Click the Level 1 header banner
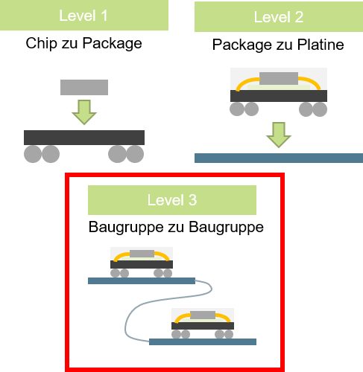pos(84,15)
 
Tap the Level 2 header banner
pos(279,16)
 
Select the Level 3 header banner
pos(172,200)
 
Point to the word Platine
pos(321,45)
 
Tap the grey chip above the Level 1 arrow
pos(84,87)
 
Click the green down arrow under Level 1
pos(84,112)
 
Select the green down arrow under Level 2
pos(279,135)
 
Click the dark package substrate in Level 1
pos(84,138)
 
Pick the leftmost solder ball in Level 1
pos(33,154)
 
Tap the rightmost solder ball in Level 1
pos(135,154)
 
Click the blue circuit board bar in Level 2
pos(279,158)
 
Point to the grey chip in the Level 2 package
pos(279,78)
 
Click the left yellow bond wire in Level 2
pos(247,83)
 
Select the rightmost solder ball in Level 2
pos(320,109)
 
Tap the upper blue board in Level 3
pos(142,280)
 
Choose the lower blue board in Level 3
pos(203,341)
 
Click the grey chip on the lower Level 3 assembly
pos(203,315)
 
